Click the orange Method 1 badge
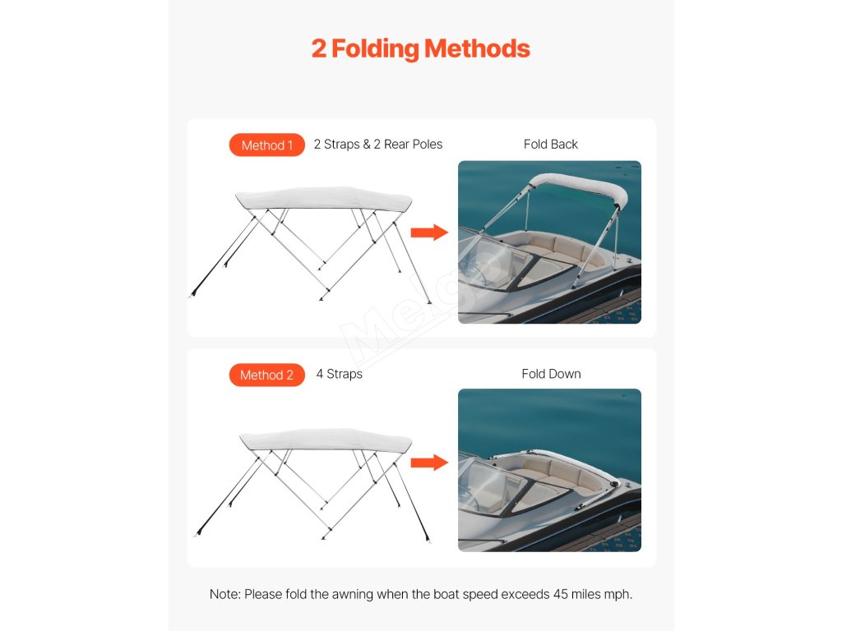click(x=267, y=145)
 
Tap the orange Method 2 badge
click(x=267, y=375)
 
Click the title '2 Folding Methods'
click(x=420, y=48)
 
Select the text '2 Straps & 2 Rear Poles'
click(x=378, y=145)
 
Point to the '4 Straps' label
click(x=340, y=374)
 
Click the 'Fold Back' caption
click(x=550, y=145)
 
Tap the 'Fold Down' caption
click(x=551, y=374)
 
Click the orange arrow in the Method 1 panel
click(x=429, y=233)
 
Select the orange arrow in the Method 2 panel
click(x=429, y=463)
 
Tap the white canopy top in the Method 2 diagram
click(x=326, y=440)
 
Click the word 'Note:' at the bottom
click(x=225, y=595)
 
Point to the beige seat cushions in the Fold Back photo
click(x=558, y=250)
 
